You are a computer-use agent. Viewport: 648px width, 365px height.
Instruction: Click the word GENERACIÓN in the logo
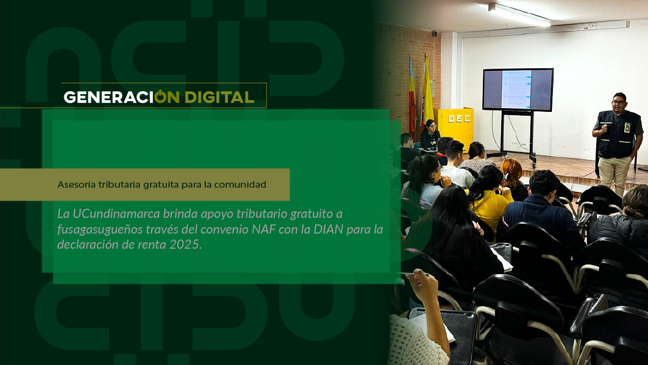[122, 97]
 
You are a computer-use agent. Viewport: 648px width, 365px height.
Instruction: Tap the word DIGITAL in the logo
[220, 97]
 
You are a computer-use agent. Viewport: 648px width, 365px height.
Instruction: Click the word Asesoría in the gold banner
[77, 184]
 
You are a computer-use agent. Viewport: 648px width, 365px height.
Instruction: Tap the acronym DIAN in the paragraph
[328, 229]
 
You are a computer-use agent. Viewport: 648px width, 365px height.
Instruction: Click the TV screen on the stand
[518, 90]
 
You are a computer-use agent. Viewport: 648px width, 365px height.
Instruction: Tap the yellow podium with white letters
[455, 128]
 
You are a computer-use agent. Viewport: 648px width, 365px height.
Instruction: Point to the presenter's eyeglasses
[618, 102]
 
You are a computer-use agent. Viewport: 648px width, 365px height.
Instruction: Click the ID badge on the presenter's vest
[627, 128]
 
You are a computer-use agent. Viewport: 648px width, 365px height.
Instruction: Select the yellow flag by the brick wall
[427, 90]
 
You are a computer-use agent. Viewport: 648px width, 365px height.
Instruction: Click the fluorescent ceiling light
[520, 14]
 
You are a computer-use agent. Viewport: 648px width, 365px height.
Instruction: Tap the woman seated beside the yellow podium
[430, 134]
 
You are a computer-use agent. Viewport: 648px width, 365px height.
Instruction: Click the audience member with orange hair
[512, 177]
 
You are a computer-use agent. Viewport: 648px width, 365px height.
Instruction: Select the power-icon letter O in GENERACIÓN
[160, 96]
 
